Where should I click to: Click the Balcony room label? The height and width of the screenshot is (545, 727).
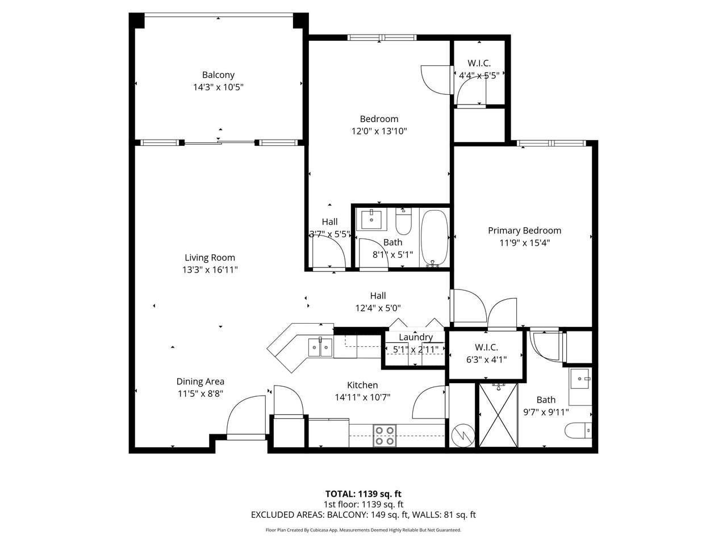tap(218, 75)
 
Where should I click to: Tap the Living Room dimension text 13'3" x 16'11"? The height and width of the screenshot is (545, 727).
tap(210, 270)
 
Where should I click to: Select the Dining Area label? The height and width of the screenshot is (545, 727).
tap(200, 381)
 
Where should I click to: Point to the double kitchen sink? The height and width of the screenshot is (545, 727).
tap(320, 347)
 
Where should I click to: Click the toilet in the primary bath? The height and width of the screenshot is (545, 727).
tap(578, 430)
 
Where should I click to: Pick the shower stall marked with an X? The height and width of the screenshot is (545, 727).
tap(498, 415)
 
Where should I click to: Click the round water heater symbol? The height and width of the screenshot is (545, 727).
tap(463, 435)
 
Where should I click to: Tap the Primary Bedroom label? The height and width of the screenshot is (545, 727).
tap(525, 230)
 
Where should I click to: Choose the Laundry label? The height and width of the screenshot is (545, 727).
tap(416, 337)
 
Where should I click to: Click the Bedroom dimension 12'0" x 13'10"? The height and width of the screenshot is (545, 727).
tap(379, 131)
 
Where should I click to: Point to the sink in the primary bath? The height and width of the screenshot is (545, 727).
tap(580, 378)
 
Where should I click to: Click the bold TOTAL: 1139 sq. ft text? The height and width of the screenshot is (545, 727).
tap(363, 494)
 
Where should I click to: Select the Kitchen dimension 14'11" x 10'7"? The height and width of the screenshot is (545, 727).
tap(363, 397)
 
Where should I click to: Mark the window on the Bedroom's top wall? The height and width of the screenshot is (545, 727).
tap(382, 37)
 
